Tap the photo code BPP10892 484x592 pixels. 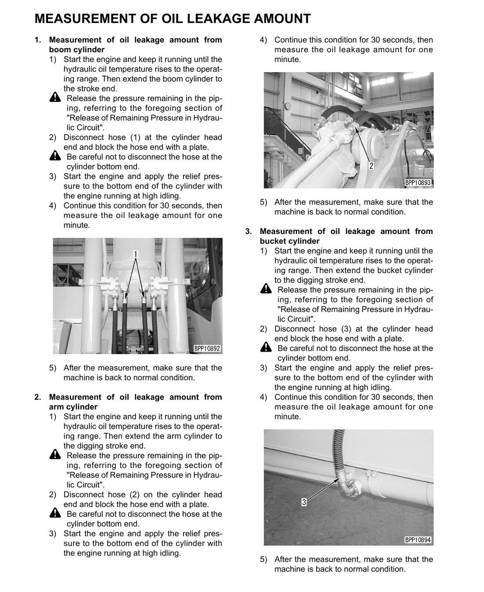click(x=207, y=349)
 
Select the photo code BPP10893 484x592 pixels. click(x=418, y=183)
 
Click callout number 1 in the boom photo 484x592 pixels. click(x=136, y=254)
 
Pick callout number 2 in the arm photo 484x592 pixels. click(x=371, y=166)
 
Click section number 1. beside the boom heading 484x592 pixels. click(x=38, y=40)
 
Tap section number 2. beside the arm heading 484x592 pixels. click(x=38, y=397)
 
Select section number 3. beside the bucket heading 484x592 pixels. click(x=249, y=231)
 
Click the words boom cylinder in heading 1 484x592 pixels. click(x=77, y=50)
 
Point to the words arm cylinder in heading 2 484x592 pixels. click(x=73, y=407)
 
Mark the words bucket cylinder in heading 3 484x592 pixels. click(x=290, y=241)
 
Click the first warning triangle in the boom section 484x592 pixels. click(x=55, y=97)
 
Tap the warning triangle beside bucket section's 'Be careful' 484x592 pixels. click(x=266, y=347)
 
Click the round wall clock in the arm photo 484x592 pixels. click(x=288, y=106)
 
